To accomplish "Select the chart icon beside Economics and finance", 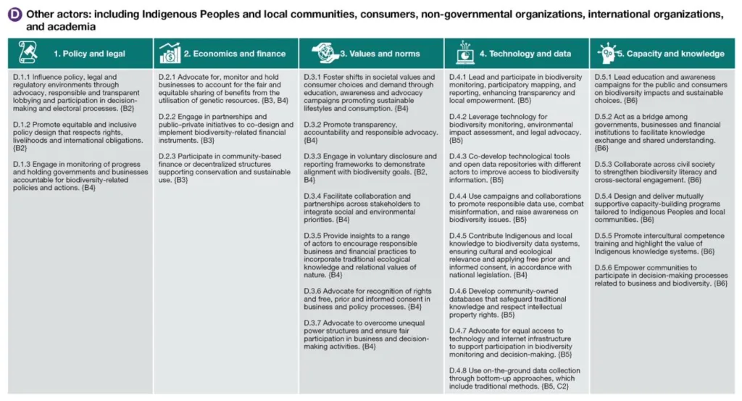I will coord(170,53).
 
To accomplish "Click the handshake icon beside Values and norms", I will coord(325,53).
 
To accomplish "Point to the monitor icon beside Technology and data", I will coord(464,53).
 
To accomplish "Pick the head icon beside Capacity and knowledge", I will coord(608,53).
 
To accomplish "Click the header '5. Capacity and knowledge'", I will coord(675,54).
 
